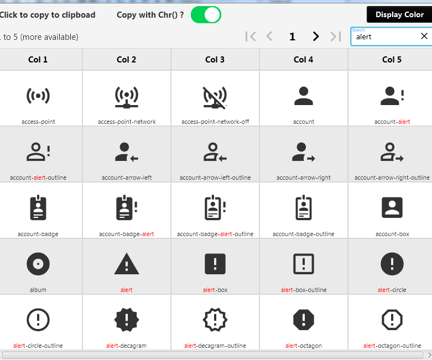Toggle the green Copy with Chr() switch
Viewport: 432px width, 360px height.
click(206, 14)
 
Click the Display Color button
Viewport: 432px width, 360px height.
click(399, 14)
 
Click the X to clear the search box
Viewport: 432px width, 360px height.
click(424, 36)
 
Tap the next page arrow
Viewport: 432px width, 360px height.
click(316, 36)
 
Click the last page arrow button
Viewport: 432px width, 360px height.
click(336, 36)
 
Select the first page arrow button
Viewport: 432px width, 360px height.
click(251, 36)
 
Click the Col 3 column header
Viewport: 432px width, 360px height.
click(215, 60)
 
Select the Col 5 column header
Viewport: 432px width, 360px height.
click(392, 60)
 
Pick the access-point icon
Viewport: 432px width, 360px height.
click(38, 96)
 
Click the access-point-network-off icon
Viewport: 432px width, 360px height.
click(215, 97)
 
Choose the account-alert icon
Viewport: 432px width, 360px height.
click(392, 96)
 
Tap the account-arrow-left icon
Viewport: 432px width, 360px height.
click(127, 152)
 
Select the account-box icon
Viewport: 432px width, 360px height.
click(392, 207)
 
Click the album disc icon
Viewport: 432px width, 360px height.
click(38, 264)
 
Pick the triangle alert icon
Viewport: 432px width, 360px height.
click(127, 264)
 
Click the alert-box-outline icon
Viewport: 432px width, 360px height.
click(304, 264)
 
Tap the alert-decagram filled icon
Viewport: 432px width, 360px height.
click(127, 320)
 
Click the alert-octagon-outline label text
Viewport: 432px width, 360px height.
click(392, 346)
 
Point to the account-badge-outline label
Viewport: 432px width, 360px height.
click(303, 234)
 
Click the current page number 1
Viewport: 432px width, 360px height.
click(292, 36)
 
